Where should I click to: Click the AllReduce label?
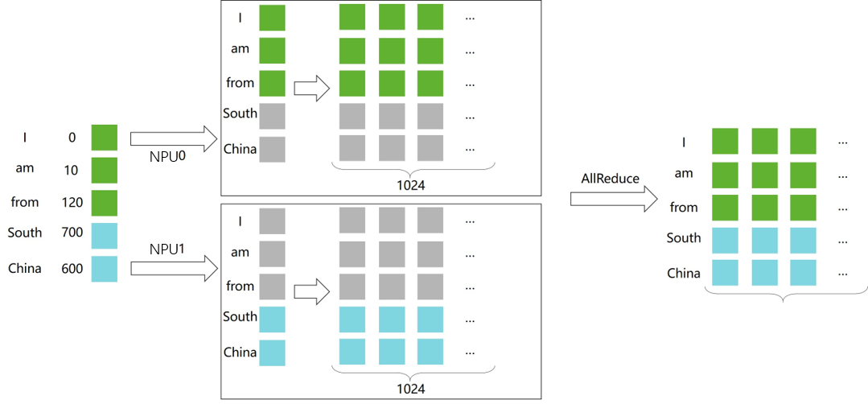[610, 179]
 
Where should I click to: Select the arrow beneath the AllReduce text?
[610, 200]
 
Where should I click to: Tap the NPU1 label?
[167, 249]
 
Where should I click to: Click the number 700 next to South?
[72, 233]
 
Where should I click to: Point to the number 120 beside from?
[72, 202]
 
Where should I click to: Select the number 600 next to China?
[72, 269]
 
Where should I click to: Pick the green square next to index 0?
[104, 138]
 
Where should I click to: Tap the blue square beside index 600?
[104, 269]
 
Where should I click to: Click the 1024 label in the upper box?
[411, 184]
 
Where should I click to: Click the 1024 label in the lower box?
[411, 388]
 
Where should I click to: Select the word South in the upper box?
[240, 113]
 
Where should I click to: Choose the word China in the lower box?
[240, 352]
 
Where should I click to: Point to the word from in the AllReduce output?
[684, 207]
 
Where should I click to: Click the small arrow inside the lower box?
[312, 291]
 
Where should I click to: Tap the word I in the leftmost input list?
[25, 138]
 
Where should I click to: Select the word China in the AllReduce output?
[684, 273]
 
